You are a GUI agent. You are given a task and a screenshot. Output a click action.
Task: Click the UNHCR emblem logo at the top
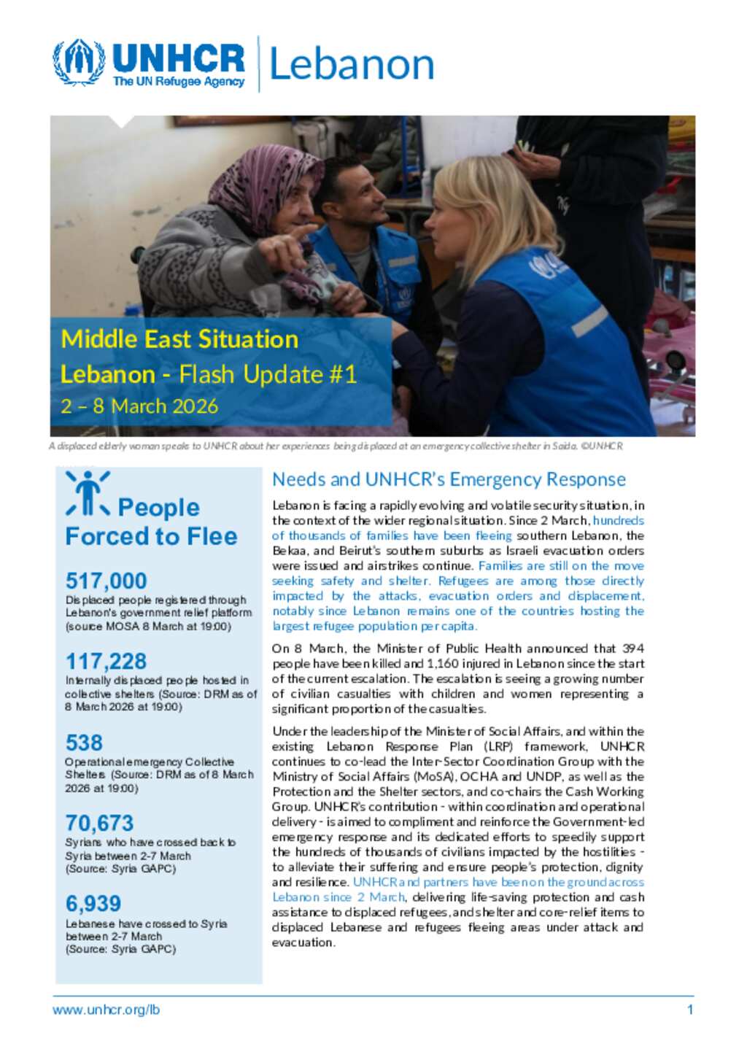point(78,63)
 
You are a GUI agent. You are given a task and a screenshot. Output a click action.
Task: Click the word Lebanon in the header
point(352,65)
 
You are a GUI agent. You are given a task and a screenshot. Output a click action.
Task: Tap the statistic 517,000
point(107,581)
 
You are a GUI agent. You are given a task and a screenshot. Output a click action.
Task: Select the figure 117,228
point(107,662)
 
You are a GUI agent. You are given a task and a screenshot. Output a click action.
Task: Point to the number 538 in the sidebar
point(84,743)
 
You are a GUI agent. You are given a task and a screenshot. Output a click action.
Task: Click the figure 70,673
point(100,824)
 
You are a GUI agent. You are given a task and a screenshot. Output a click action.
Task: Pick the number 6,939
point(93,904)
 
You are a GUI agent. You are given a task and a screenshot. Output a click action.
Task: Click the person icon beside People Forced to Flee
point(88,494)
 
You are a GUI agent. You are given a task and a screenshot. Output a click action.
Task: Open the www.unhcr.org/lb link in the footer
point(106,1010)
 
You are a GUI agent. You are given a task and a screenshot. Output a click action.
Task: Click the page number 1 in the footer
point(690,1010)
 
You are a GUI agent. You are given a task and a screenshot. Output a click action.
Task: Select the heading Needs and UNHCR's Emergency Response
point(449,480)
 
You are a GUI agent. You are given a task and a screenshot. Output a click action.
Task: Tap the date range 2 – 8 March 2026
point(139,406)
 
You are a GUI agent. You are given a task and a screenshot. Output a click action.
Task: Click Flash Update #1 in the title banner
point(268,375)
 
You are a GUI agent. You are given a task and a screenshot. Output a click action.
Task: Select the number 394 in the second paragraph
point(632,648)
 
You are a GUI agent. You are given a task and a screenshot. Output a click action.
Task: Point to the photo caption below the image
point(336,446)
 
